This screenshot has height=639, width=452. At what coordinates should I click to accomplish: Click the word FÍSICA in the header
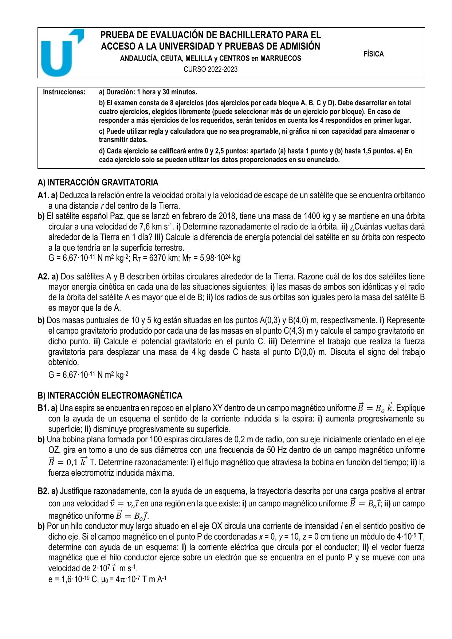coord(373,54)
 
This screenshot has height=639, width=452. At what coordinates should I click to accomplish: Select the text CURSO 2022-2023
coord(211,69)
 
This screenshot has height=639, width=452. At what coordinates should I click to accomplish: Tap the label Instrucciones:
coord(64,92)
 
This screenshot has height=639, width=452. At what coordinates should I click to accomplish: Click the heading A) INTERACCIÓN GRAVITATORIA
coord(98,182)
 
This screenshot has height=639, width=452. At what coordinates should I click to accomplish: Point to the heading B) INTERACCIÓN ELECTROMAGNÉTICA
coord(110,396)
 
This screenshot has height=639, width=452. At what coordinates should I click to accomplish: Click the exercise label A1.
coord(43,196)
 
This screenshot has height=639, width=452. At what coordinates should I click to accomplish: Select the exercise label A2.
coord(43,277)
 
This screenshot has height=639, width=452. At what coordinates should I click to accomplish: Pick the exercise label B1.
coord(43,408)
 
